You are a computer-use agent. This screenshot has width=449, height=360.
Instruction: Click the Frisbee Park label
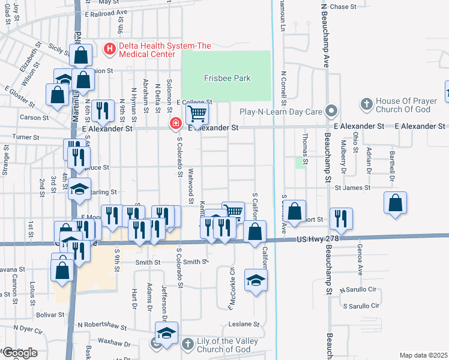click(x=226, y=78)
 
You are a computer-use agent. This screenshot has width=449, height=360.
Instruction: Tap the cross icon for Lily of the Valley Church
click(x=187, y=343)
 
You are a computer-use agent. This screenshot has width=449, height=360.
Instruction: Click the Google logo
click(x=19, y=352)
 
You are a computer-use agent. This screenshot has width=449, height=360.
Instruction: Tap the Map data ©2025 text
click(x=423, y=355)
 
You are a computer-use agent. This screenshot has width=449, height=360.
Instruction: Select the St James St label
click(x=352, y=188)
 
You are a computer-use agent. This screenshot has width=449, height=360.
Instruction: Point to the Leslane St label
click(x=244, y=325)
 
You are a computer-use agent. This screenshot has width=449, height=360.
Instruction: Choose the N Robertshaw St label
click(x=100, y=328)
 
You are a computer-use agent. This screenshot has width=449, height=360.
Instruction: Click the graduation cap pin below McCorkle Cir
click(x=256, y=280)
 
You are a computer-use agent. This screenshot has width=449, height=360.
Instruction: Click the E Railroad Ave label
click(x=106, y=13)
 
